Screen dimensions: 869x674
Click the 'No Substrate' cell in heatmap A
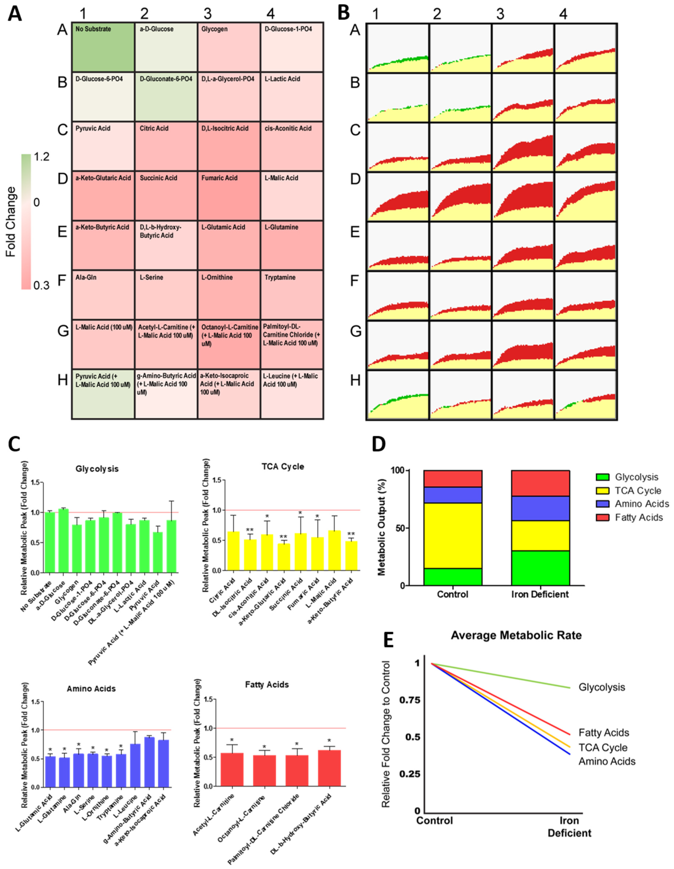pyautogui.click(x=103, y=47)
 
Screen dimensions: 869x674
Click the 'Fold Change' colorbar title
pyautogui.click(x=11, y=221)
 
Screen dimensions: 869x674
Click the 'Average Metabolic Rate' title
pyautogui.click(x=516, y=635)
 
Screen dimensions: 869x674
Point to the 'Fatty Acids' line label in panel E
pyautogui.click(x=604, y=732)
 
